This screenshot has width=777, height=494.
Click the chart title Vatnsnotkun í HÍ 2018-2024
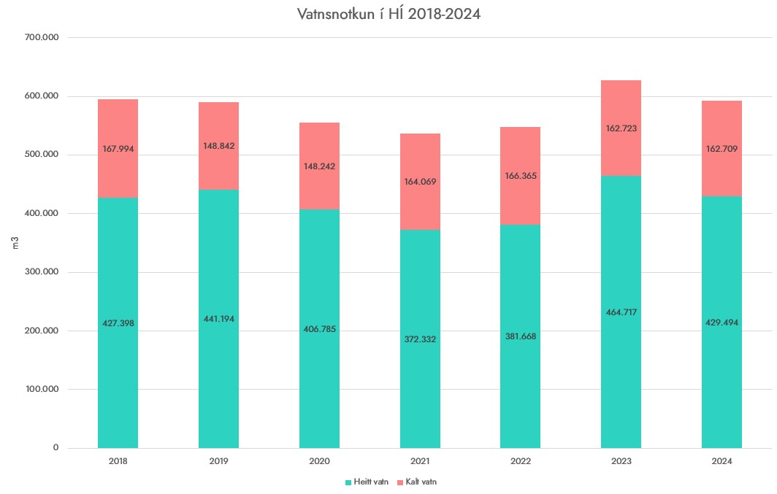coord(388,14)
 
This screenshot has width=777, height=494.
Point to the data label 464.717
coord(621,312)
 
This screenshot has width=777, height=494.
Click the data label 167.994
coord(118,149)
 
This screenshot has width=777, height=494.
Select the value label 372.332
coord(420,339)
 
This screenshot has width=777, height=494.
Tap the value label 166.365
coord(520,176)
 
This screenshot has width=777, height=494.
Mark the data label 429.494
coord(721,323)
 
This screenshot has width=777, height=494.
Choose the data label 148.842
coord(218,146)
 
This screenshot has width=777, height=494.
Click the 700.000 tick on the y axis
coord(42,37)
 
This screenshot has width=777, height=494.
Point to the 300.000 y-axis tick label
coord(42,272)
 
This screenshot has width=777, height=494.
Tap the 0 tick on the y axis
coord(55,448)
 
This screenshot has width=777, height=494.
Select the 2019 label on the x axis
coord(218,461)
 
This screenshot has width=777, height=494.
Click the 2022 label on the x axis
coord(520,461)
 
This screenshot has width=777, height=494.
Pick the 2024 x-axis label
coord(721,461)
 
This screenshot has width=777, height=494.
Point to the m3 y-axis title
coord(15,243)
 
